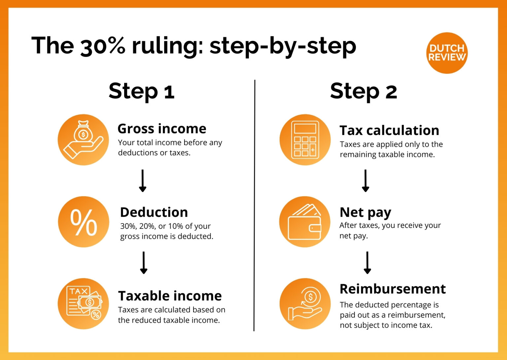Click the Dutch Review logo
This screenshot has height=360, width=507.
tap(447, 53)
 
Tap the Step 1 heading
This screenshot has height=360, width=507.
tap(142, 91)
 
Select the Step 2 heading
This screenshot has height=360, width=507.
tap(363, 91)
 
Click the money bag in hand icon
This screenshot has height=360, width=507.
tap(83, 140)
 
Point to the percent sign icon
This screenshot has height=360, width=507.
tap(84, 222)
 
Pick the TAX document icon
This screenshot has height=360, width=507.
tap(83, 304)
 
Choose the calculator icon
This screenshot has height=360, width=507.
tap(305, 140)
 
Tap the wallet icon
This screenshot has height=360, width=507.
tap(305, 222)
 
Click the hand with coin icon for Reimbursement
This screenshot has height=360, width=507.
tap(305, 304)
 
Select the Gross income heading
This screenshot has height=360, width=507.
tap(162, 129)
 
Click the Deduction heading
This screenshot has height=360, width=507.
tap(154, 212)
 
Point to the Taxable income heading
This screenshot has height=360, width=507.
tap(170, 296)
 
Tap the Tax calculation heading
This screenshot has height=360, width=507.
tap(389, 130)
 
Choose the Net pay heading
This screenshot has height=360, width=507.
tap(365, 212)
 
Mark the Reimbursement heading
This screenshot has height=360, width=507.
tap(392, 289)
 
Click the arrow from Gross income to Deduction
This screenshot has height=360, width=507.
tap(143, 181)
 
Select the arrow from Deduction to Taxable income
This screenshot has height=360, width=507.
tap(144, 263)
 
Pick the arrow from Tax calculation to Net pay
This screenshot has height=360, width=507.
tap(365, 181)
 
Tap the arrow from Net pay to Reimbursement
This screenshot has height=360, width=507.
tap(367, 263)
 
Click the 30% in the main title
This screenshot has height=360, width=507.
tap(103, 46)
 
